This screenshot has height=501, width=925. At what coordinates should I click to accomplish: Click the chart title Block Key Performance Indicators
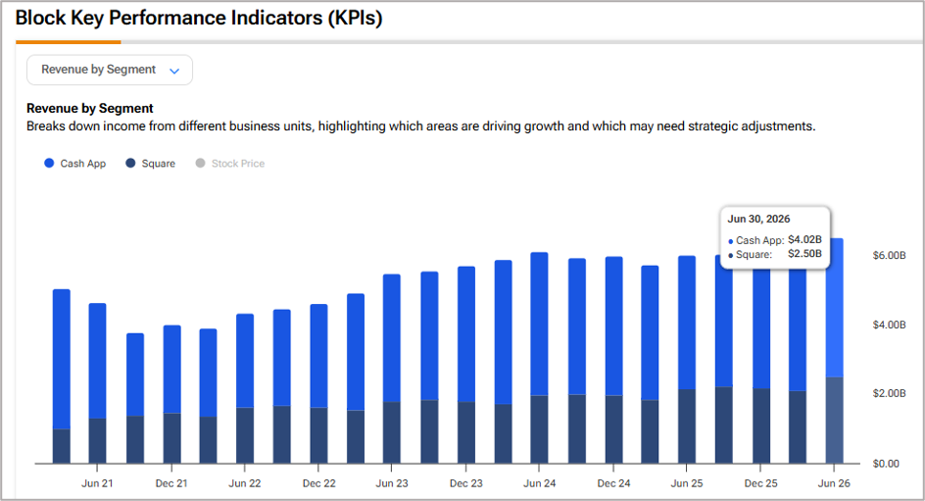pyautogui.click(x=199, y=18)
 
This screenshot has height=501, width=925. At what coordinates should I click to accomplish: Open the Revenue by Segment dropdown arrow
pyautogui.click(x=174, y=71)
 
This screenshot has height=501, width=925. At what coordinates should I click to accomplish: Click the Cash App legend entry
pyautogui.click(x=74, y=164)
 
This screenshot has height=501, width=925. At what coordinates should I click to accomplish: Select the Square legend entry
pyautogui.click(x=151, y=164)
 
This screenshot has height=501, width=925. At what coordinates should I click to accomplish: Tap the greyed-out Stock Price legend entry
pyautogui.click(x=230, y=164)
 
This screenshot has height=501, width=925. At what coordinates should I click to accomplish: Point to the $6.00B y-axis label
pyautogui.click(x=889, y=256)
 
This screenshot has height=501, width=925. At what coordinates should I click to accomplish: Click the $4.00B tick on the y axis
pyautogui.click(x=889, y=325)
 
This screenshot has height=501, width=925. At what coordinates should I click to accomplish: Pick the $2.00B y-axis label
pyautogui.click(x=889, y=393)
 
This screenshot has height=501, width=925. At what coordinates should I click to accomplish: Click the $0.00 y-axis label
pyautogui.click(x=886, y=464)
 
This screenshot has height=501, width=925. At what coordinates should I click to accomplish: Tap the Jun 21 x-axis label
pyautogui.click(x=97, y=483)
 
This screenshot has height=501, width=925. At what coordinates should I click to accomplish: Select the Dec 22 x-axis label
pyautogui.click(x=319, y=483)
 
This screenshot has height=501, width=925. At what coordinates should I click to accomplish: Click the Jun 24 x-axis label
pyautogui.click(x=540, y=483)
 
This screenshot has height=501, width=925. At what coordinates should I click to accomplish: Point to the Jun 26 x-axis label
pyautogui.click(x=834, y=483)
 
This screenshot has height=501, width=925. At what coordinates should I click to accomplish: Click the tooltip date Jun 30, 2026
pyautogui.click(x=758, y=219)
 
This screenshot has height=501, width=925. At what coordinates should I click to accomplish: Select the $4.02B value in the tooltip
pyautogui.click(x=804, y=239)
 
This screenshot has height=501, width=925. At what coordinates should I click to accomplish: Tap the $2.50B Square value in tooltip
pyautogui.click(x=804, y=254)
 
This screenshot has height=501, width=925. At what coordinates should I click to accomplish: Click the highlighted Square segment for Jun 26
pyautogui.click(x=834, y=421)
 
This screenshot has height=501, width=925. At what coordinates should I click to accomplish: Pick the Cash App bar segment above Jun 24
pyautogui.click(x=539, y=324)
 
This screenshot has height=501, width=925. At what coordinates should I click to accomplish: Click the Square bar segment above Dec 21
pyautogui.click(x=171, y=438)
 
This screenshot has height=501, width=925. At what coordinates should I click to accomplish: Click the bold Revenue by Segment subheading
pyautogui.click(x=90, y=109)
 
